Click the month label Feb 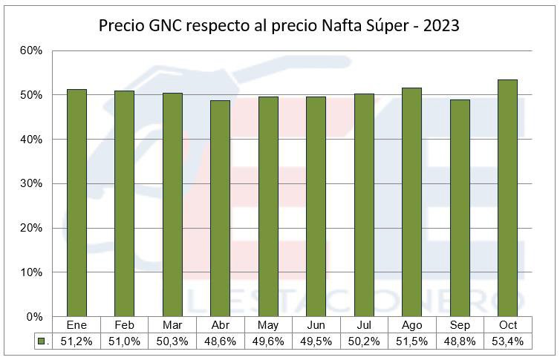click(124, 325)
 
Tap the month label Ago click(411, 325)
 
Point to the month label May click(268, 325)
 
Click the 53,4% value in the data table click(507, 341)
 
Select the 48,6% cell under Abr click(220, 341)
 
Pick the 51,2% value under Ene click(76, 341)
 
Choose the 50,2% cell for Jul click(364, 341)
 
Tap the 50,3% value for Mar click(172, 341)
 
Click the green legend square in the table click(42, 341)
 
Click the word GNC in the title click(164, 26)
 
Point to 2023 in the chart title click(441, 26)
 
